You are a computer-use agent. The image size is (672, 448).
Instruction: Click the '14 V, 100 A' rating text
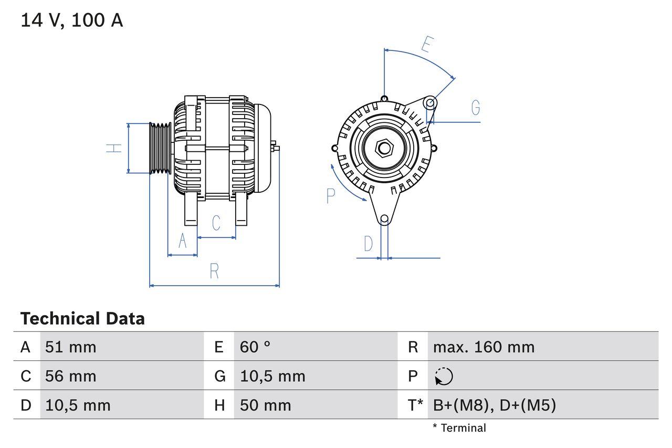pyautogui.click(x=72, y=20)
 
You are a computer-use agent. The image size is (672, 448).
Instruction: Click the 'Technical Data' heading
pyautogui.click(x=82, y=318)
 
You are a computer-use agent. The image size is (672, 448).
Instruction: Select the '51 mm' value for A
pyautogui.click(x=71, y=347)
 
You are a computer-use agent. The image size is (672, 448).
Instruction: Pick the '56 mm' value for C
pyautogui.click(x=71, y=376)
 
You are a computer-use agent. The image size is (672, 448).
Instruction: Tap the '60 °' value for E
pyautogui.click(x=255, y=347)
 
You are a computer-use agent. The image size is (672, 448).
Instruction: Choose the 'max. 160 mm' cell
pyautogui.click(x=484, y=347)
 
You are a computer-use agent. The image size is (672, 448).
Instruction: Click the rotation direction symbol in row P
pyautogui.click(x=444, y=377)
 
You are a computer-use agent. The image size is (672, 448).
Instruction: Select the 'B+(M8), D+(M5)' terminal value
pyautogui.click(x=494, y=405)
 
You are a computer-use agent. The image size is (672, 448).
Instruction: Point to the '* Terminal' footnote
pyautogui.click(x=459, y=428)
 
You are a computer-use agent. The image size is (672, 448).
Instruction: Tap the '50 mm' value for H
pyautogui.click(x=265, y=405)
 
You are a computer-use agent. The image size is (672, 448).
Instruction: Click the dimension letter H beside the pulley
pyautogui.click(x=114, y=148)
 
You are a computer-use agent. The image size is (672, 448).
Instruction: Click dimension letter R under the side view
pyautogui.click(x=214, y=271)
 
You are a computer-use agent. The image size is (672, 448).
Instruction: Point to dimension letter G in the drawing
pyautogui.click(x=476, y=108)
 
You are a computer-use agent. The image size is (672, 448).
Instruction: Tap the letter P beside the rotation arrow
pyautogui.click(x=330, y=196)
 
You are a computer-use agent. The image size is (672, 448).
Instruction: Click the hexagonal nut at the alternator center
pyautogui.click(x=384, y=148)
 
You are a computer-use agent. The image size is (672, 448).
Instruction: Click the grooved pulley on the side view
pyautogui.click(x=160, y=149)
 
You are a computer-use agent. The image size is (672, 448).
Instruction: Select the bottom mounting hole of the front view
pyautogui.click(x=384, y=218)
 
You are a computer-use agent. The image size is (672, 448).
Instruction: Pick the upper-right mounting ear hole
pyautogui.click(x=430, y=102)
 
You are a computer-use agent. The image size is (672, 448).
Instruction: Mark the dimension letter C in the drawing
pyautogui.click(x=216, y=223)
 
